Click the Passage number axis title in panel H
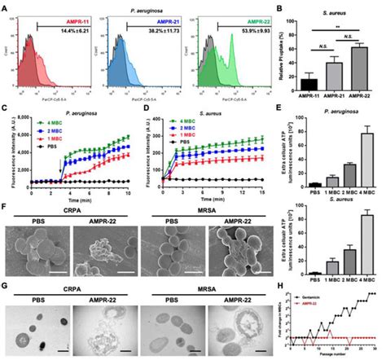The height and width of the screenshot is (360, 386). (x=343, y=356)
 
